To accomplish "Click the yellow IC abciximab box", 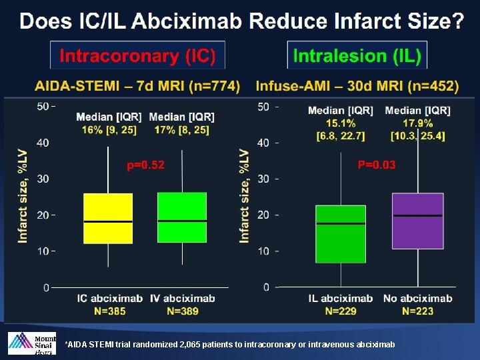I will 108,218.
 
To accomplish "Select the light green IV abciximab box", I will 182,217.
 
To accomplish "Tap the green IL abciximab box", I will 341,233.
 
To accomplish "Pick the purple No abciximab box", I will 418,221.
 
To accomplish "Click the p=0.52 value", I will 145,165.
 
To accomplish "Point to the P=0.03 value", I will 377,165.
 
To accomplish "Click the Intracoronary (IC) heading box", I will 138,56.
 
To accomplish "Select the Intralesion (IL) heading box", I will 357,56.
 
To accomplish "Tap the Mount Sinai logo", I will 31,343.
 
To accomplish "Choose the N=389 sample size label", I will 183,311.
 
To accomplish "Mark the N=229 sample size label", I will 341,311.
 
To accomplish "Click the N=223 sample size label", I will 417,311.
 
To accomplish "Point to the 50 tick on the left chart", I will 43,107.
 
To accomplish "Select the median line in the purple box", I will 418,216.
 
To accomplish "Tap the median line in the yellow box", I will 108,221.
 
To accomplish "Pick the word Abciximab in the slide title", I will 197,22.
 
